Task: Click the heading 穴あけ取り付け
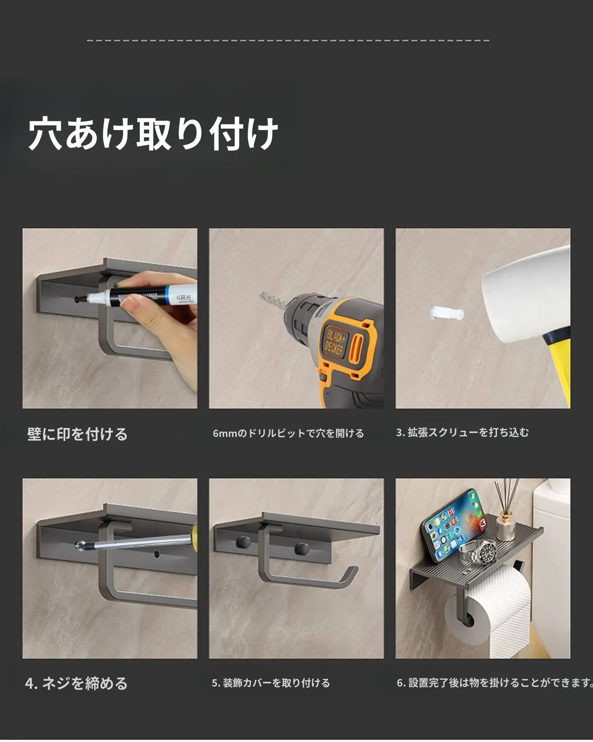pyautogui.click(x=153, y=133)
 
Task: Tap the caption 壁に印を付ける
pyautogui.click(x=77, y=434)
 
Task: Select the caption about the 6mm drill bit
pyautogui.click(x=288, y=433)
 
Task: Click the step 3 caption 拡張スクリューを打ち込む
pyautogui.click(x=462, y=432)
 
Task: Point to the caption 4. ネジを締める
pyautogui.click(x=76, y=683)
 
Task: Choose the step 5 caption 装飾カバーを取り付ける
pyautogui.click(x=271, y=683)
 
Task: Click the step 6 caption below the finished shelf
pyautogui.click(x=495, y=683)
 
